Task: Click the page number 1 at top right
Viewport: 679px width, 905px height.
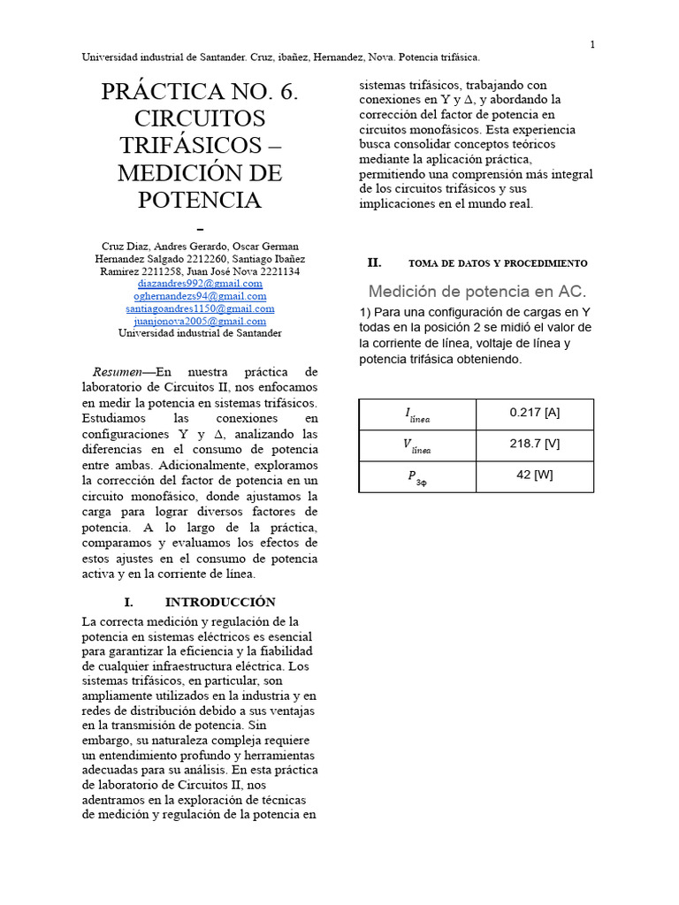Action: point(592,45)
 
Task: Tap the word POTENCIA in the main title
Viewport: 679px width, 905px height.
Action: point(200,200)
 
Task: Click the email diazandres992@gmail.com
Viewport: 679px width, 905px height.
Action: point(200,284)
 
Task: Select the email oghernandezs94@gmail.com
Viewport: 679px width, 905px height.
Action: point(200,296)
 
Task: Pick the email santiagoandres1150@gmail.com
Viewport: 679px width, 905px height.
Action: point(200,308)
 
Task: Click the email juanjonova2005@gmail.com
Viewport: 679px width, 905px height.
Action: point(200,321)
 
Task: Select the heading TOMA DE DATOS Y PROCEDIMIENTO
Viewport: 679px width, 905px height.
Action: point(498,263)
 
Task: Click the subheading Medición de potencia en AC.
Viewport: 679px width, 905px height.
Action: point(477,291)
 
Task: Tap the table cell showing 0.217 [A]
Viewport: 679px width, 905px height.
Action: point(534,413)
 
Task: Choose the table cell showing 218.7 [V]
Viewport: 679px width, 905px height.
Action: point(534,444)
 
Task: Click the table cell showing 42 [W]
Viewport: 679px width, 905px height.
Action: point(534,475)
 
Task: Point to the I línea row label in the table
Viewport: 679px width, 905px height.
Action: point(417,414)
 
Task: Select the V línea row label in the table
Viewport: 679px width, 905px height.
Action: point(416,445)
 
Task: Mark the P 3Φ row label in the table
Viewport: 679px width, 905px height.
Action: point(416,476)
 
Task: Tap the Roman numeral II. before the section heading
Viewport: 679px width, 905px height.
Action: point(374,262)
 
